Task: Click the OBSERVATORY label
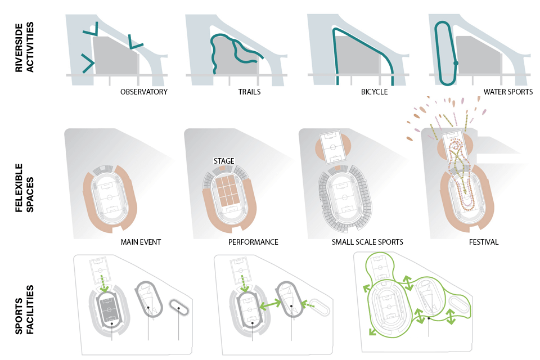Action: (144, 92)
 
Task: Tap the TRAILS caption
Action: (249, 92)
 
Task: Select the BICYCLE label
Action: (374, 92)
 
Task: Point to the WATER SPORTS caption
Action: (508, 92)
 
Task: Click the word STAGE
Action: (224, 161)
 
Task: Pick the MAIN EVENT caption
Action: (141, 242)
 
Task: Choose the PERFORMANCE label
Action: (253, 242)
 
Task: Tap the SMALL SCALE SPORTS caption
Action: (367, 242)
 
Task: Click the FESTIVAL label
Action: (484, 242)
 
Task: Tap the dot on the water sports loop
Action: (456, 63)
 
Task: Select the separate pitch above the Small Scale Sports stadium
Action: (334, 147)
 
